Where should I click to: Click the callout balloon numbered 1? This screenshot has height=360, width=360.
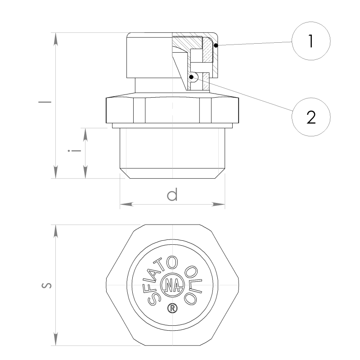click(311, 41)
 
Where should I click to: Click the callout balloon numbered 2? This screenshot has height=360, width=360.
click(311, 117)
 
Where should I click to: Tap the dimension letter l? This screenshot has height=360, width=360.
click(45, 102)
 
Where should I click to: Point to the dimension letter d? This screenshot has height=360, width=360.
click(172, 194)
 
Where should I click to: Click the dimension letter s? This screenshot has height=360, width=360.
click(46, 285)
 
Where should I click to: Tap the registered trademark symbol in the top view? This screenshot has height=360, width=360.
click(172, 308)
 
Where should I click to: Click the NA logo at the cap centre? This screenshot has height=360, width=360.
click(172, 285)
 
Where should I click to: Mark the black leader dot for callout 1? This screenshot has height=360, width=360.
click(216, 45)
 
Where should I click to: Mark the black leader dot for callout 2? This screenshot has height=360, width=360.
click(191, 77)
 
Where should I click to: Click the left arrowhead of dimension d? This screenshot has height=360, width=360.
click(126, 204)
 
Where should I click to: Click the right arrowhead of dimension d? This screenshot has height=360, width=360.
click(218, 204)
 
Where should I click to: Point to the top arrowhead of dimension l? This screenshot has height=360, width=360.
click(55, 40)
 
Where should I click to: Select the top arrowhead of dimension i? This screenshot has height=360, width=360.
click(85, 135)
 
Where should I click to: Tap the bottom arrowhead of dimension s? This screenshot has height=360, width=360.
click(55, 339)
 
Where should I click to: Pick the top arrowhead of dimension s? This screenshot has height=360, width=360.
click(55, 231)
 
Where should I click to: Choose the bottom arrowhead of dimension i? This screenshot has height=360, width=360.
click(85, 172)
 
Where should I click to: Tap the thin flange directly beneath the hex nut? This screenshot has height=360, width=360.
click(172, 126)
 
